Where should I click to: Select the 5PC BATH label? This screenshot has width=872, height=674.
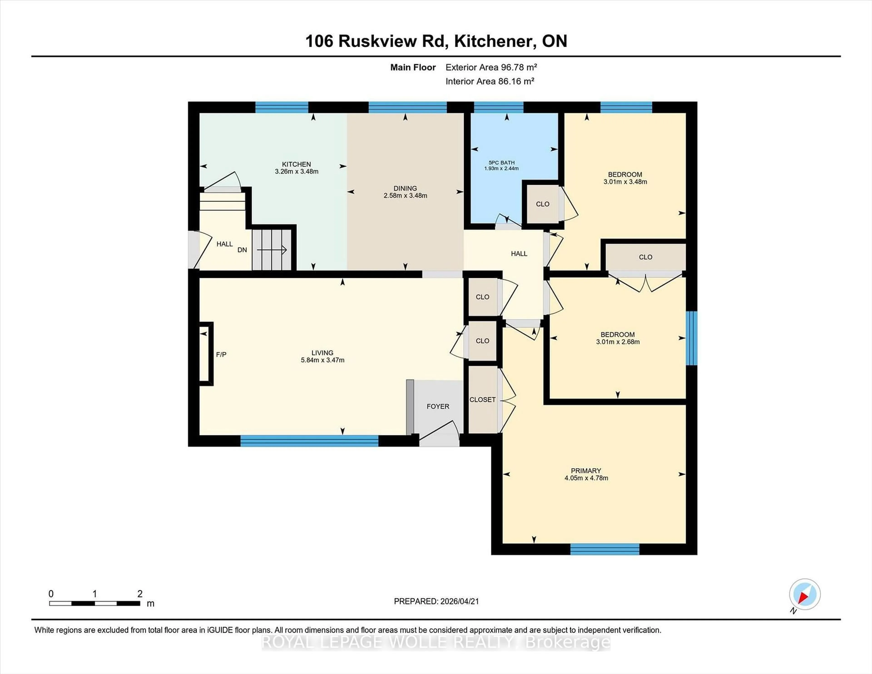coord(501,163)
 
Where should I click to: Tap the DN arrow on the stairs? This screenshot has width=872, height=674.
coord(272,250)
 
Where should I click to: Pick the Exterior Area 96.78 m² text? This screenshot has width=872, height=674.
coord(491,67)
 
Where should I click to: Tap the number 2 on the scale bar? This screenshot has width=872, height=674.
coord(140,594)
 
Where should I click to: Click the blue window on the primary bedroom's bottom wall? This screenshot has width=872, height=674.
coord(604,549)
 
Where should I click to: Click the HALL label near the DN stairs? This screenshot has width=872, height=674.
coord(224,244)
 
